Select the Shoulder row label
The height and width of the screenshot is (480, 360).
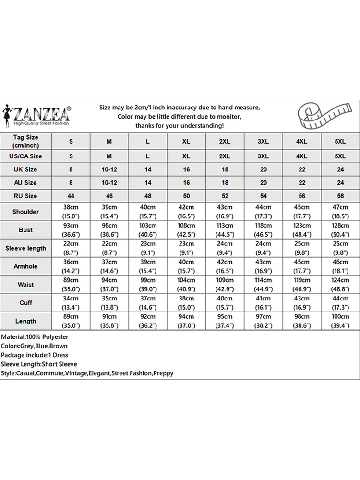[26, 212]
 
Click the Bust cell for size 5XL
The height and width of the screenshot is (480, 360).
[340, 230]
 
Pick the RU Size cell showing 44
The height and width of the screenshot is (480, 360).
[71, 196]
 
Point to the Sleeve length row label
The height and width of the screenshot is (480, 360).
[26, 248]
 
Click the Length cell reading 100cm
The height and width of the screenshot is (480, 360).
[340, 321]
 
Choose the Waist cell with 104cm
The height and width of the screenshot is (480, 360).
[186, 285]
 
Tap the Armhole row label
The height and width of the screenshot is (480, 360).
[26, 266]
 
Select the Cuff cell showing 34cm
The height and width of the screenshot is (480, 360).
[71, 303]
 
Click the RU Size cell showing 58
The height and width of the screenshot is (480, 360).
[340, 196]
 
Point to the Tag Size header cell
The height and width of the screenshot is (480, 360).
[26, 142]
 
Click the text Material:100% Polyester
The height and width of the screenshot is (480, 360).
[35, 337]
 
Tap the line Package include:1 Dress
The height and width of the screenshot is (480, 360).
[35, 355]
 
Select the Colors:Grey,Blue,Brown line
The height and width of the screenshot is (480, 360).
[34, 346]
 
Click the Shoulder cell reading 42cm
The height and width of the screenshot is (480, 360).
[186, 212]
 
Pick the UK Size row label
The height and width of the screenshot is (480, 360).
[26, 169]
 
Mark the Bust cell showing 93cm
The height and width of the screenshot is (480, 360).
[71, 230]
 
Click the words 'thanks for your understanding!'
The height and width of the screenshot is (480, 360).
[180, 126]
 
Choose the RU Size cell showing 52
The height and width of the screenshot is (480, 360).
[225, 196]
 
